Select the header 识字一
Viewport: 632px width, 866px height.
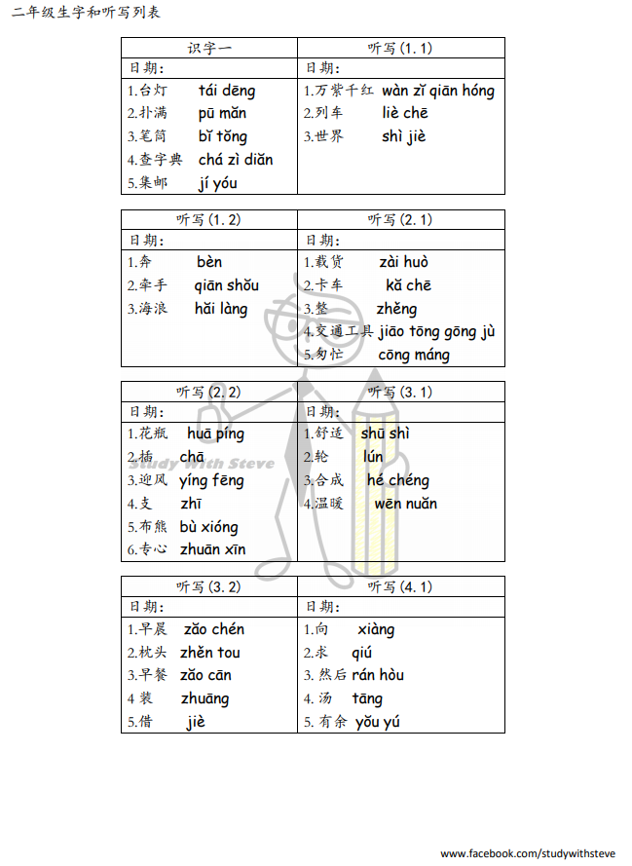coord(209,48)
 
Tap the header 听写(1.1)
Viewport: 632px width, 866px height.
coord(400,48)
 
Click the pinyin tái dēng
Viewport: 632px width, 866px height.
coord(227,91)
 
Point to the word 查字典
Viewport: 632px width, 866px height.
coord(161,160)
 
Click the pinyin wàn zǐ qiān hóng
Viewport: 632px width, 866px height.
coord(438,91)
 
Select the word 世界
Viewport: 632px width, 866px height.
coord(329,136)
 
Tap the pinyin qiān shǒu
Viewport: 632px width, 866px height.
coord(227,285)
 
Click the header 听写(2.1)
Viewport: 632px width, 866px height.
coord(400,220)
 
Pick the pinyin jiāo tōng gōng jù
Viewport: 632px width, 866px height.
coord(437,331)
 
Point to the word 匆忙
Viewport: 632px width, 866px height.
coord(329,355)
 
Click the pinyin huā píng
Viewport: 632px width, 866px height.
coord(216,433)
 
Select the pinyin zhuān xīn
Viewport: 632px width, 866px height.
coord(212,549)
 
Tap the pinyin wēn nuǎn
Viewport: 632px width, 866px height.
coord(406,504)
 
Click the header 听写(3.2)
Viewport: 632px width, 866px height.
coord(209,586)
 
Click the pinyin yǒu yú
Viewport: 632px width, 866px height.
coord(378,722)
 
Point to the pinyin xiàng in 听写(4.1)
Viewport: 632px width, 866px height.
coord(376,629)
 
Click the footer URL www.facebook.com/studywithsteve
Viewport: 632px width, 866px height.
coord(528,853)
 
